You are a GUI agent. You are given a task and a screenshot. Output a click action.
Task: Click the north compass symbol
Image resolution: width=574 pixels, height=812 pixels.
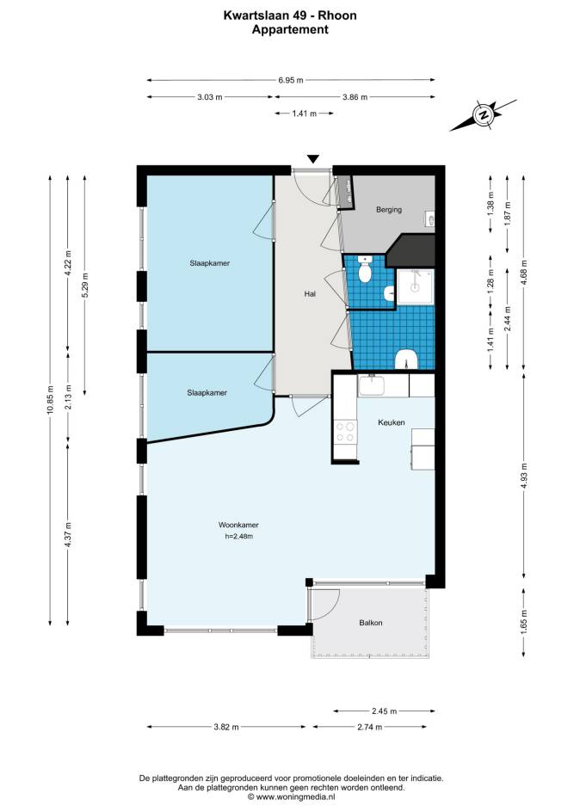[x=483, y=115]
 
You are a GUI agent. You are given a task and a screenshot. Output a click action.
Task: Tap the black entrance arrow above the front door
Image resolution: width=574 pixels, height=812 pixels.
[x=312, y=159]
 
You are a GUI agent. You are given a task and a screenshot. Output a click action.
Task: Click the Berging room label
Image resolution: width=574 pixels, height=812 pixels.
[x=389, y=210]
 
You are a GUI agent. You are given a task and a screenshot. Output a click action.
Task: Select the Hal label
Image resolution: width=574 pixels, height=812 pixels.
[x=310, y=293]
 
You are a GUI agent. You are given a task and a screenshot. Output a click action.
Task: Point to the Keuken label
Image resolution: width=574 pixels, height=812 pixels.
[x=391, y=422]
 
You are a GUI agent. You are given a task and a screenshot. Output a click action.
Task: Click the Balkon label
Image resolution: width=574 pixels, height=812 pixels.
[x=371, y=623]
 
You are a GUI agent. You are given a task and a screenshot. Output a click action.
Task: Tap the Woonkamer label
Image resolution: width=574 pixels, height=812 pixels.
[x=238, y=525]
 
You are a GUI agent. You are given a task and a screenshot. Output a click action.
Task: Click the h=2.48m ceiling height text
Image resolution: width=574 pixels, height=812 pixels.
[x=239, y=537]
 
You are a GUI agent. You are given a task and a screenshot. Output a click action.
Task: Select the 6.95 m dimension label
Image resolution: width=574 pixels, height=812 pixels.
[x=291, y=80]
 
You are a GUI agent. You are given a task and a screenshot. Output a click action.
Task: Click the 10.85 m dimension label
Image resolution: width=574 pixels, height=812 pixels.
[x=50, y=400]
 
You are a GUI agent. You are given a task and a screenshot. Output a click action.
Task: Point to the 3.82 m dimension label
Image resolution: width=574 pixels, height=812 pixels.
[x=226, y=727]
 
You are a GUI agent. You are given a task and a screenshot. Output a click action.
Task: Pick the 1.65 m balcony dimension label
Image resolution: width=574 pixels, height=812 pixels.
[x=524, y=622]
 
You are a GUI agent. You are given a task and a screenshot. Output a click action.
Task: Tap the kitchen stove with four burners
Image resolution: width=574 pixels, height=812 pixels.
[x=346, y=432]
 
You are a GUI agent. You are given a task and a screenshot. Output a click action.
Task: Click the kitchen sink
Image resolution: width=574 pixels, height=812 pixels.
[x=371, y=386]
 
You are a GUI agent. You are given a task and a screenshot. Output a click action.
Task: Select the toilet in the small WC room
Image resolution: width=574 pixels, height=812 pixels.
[x=366, y=268]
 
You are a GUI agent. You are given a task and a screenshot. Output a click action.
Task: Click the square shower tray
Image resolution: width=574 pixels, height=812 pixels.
[x=415, y=286]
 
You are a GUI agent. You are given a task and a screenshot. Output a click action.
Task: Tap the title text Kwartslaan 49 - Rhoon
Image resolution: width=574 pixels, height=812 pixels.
[x=290, y=15]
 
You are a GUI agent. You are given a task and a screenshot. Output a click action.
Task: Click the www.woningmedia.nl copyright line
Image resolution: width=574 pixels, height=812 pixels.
[x=292, y=797]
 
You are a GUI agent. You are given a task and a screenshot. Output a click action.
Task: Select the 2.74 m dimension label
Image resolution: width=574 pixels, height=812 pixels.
[x=370, y=727]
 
